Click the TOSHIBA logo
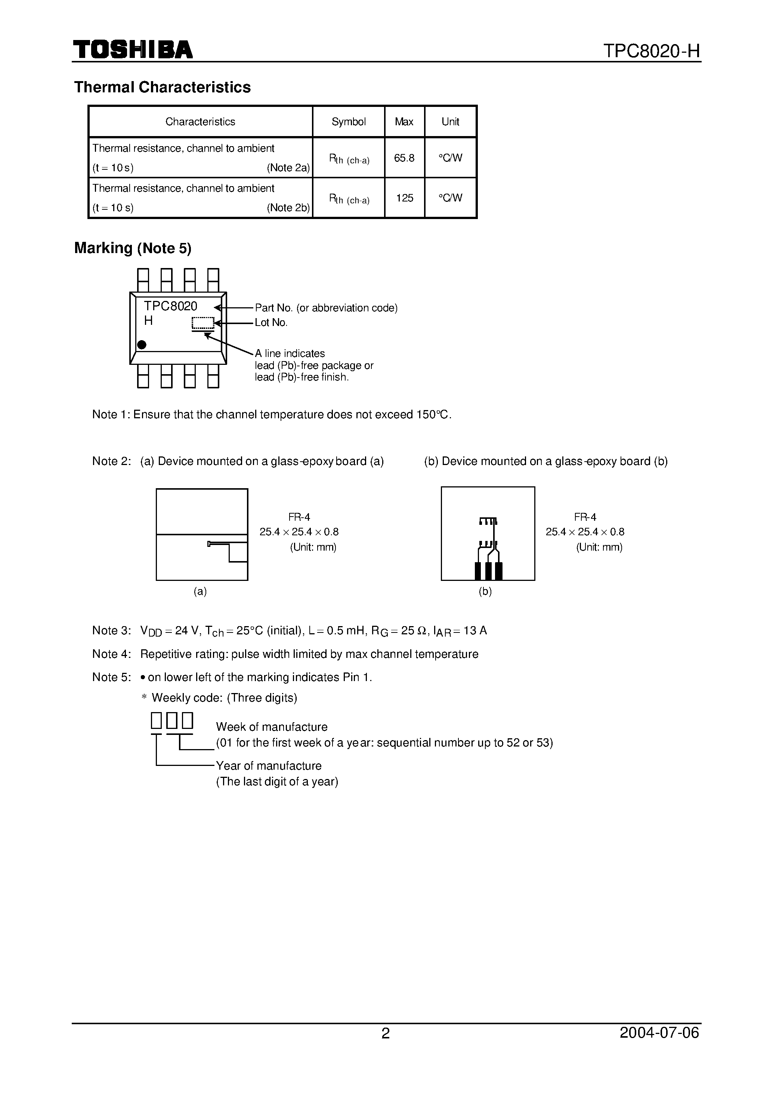(x=133, y=50)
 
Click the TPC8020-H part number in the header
(x=652, y=51)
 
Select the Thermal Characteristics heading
(x=162, y=87)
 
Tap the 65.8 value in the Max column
(x=404, y=158)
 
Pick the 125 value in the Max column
(x=405, y=198)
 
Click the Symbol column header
(x=349, y=122)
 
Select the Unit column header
(x=450, y=122)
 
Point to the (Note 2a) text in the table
(x=288, y=167)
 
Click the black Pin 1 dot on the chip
(x=141, y=344)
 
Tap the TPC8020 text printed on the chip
(x=170, y=306)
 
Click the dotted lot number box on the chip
(x=203, y=323)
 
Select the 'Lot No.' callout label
(x=271, y=323)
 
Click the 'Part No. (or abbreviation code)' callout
(x=326, y=308)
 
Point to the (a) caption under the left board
(x=200, y=591)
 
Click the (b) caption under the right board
(x=485, y=591)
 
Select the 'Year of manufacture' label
(x=269, y=766)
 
